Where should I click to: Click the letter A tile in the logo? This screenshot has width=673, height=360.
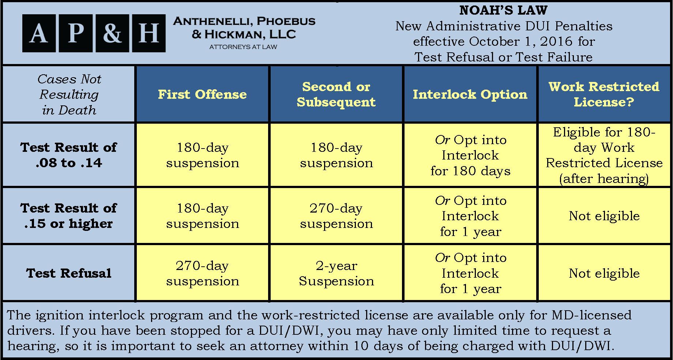click(39, 33)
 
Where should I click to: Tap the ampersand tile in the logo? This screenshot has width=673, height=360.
click(112, 33)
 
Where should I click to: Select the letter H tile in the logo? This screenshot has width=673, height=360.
click(148, 33)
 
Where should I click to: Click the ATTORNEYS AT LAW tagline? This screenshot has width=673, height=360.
click(243, 47)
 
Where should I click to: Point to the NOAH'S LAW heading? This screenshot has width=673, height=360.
click(504, 10)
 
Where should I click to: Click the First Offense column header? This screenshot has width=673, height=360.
click(202, 94)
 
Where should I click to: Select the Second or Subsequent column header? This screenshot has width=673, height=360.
click(336, 94)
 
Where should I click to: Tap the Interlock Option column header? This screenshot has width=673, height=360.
click(470, 94)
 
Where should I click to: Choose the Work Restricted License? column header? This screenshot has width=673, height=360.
click(604, 94)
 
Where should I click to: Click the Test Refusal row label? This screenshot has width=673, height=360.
click(69, 273)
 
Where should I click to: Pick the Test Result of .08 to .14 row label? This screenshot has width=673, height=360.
click(69, 155)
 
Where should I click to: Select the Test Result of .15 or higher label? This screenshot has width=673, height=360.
click(69, 216)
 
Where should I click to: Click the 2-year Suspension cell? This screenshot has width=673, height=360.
click(336, 273)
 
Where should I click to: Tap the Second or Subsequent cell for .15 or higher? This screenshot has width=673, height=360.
click(336, 216)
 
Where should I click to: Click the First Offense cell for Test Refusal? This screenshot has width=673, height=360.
click(202, 273)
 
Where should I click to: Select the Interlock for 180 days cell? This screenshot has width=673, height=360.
click(470, 155)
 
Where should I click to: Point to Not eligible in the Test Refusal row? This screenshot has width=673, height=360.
click(604, 273)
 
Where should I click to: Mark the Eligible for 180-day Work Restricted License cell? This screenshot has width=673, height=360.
click(604, 155)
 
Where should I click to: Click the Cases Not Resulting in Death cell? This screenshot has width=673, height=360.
click(69, 94)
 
